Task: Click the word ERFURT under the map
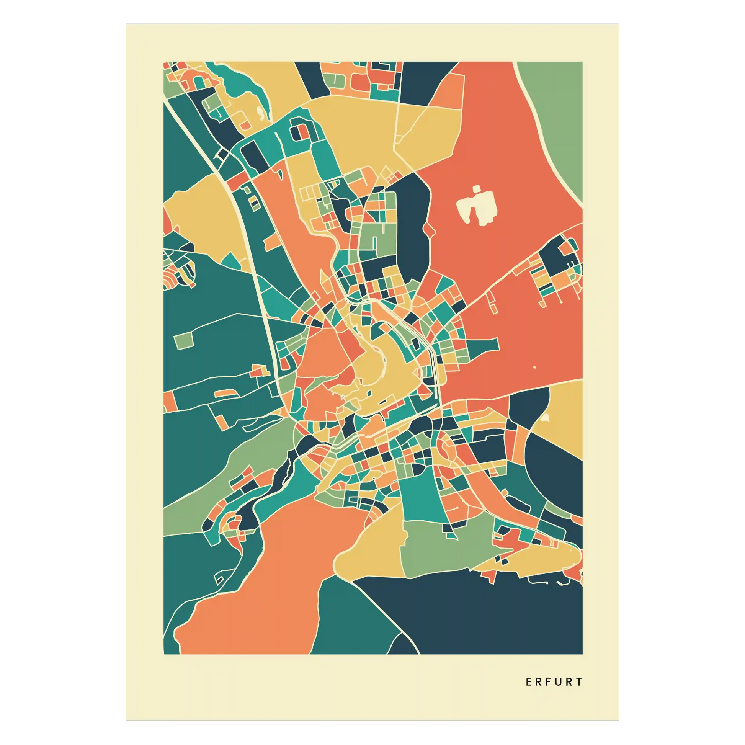click(x=554, y=682)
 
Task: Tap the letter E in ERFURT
click(x=529, y=682)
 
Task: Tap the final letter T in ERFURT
click(x=580, y=682)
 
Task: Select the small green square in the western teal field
click(x=183, y=340)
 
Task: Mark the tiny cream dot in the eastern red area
click(x=535, y=367)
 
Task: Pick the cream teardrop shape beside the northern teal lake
click(x=260, y=112)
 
